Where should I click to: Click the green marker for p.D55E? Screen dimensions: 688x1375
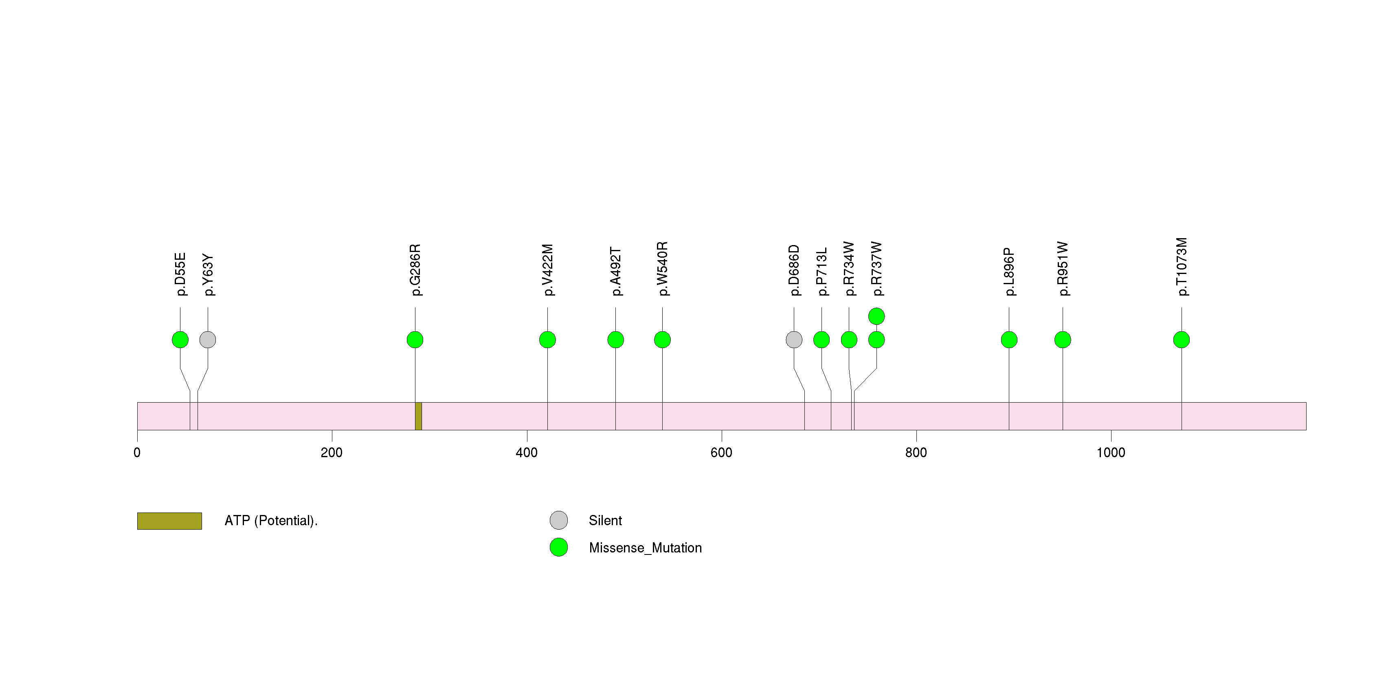180,340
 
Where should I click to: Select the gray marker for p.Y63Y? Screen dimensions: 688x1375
208,340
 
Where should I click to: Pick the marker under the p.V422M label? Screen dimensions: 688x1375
548,340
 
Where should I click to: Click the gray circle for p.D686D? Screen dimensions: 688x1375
794,340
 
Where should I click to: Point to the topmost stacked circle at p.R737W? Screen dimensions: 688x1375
876,316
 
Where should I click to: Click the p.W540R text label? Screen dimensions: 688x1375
662,269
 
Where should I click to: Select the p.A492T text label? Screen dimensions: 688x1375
615,272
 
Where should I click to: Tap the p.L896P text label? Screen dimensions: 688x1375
1009,272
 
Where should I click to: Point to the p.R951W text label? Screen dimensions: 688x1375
1063,269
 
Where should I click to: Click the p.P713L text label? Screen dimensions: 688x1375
821,272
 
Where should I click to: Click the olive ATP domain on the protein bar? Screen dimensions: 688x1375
418,416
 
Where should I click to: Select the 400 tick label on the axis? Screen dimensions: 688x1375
527,453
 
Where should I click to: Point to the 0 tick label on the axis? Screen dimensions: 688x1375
137,453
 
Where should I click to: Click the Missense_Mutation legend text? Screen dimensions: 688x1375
645,548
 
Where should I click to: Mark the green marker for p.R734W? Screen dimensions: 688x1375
849,340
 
